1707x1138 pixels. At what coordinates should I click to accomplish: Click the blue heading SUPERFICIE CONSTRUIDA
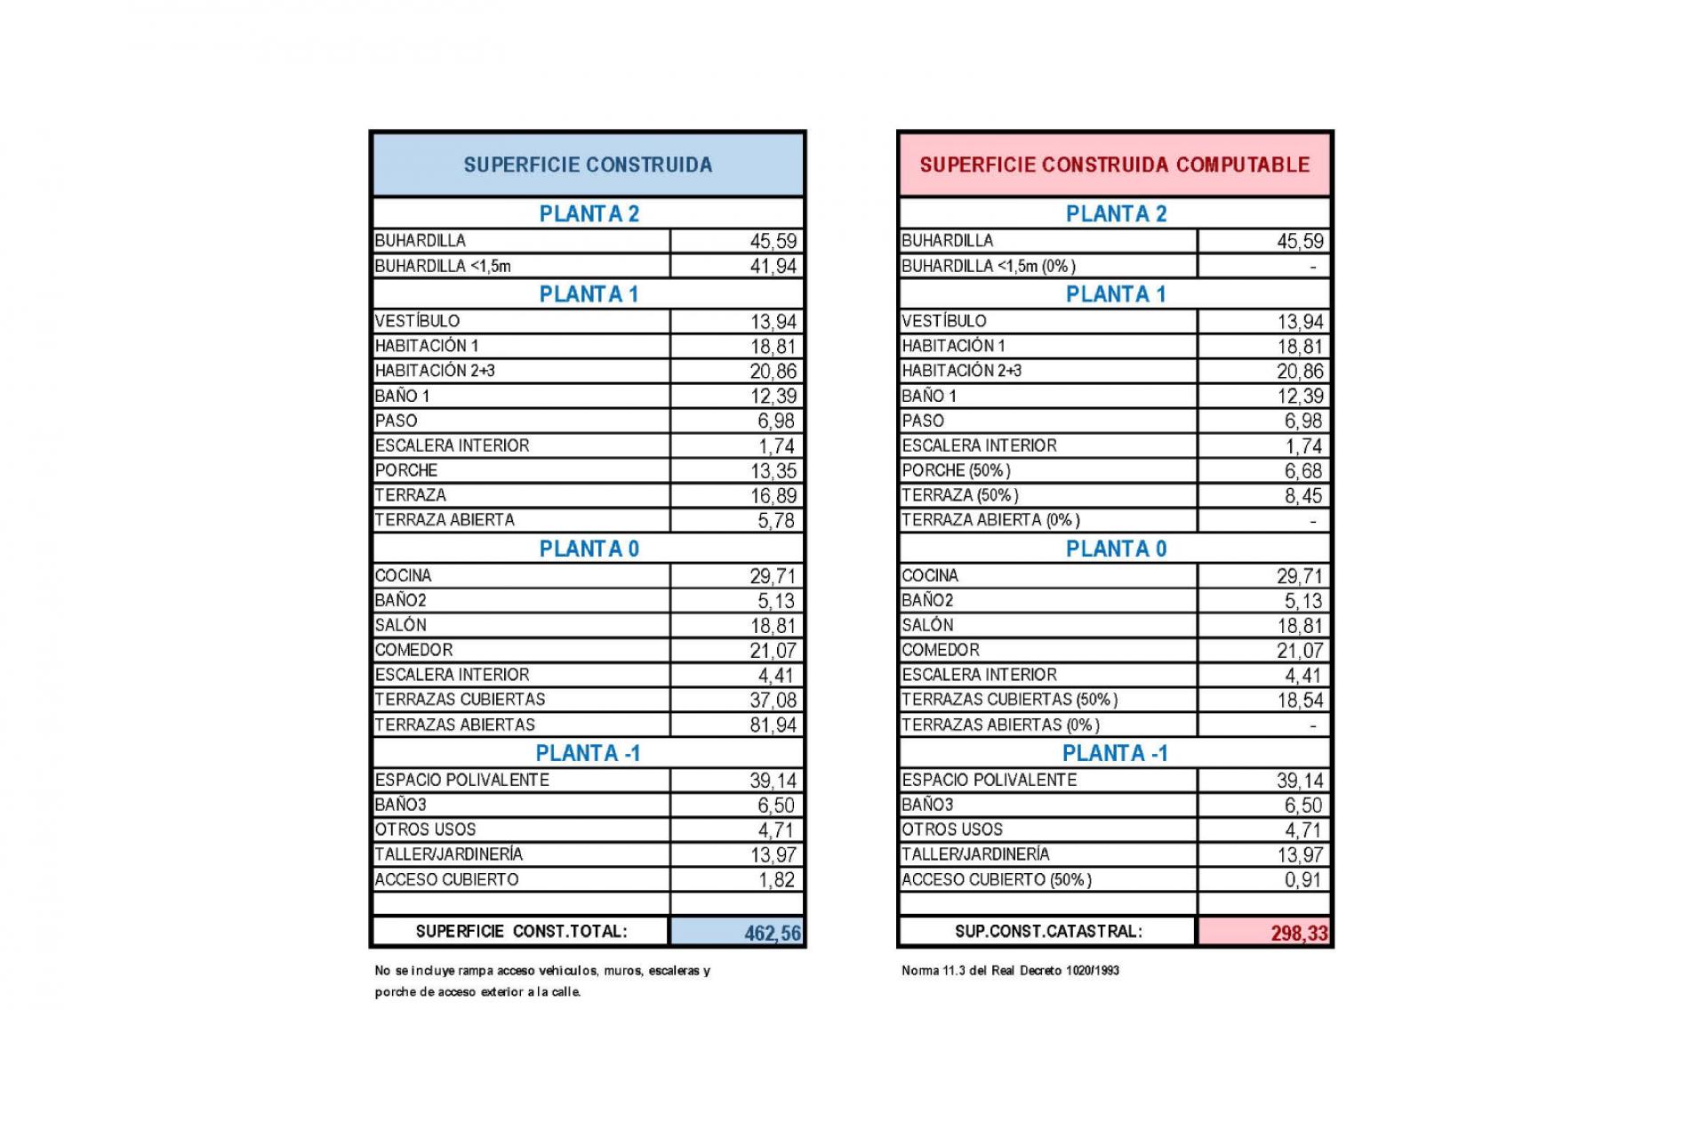pyautogui.click(x=588, y=164)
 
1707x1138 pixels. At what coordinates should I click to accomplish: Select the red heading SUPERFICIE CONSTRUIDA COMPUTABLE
pyautogui.click(x=1114, y=164)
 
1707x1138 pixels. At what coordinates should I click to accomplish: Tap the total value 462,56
pyautogui.click(x=772, y=933)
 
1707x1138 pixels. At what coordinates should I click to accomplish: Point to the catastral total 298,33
pyautogui.click(x=1299, y=933)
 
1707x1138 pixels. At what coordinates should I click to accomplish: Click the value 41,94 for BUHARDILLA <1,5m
pyautogui.click(x=773, y=266)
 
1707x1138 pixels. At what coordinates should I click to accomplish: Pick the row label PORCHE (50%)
pyautogui.click(x=956, y=470)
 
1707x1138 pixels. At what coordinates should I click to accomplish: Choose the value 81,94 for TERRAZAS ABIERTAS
pyautogui.click(x=773, y=725)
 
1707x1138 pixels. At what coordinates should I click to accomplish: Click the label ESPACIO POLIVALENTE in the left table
pyautogui.click(x=462, y=780)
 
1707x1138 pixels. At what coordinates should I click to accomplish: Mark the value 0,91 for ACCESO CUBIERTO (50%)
pyautogui.click(x=1302, y=879)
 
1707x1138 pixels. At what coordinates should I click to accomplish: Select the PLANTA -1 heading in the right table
pyautogui.click(x=1114, y=753)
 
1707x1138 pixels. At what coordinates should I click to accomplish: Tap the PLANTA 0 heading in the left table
pyautogui.click(x=589, y=549)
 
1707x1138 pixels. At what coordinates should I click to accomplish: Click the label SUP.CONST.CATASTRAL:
pyautogui.click(x=1048, y=931)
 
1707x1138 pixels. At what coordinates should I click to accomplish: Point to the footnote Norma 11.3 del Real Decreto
pyautogui.click(x=1010, y=970)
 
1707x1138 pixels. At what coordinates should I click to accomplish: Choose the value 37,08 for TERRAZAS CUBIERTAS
pyautogui.click(x=773, y=700)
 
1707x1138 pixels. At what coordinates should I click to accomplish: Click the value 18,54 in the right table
pyautogui.click(x=1300, y=700)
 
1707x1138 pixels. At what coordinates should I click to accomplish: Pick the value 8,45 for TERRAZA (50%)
pyautogui.click(x=1302, y=495)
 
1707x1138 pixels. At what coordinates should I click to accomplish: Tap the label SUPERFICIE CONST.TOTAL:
pyautogui.click(x=521, y=931)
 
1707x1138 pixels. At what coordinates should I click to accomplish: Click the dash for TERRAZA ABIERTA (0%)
pyautogui.click(x=1312, y=521)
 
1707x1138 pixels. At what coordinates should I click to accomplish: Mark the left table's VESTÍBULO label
pyautogui.click(x=417, y=321)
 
